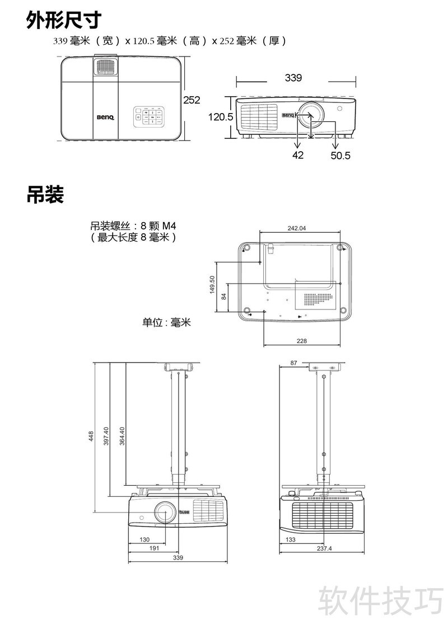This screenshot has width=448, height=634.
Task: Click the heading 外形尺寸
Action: pos(63,20)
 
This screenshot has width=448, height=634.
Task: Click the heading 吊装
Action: pos(45,195)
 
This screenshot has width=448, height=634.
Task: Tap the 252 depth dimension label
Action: pos(192,100)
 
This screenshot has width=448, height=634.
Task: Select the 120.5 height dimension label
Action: pos(221,117)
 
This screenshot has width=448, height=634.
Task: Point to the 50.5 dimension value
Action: pos(340,156)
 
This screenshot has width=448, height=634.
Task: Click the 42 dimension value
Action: pos(297,155)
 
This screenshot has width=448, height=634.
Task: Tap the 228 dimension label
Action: pos(302,341)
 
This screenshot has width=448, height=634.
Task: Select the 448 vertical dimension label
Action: pos(91,436)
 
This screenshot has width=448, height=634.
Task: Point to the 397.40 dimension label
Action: pos(106,436)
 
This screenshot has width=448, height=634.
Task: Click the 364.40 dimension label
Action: pos(122,436)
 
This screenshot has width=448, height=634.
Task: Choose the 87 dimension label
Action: pos(294,363)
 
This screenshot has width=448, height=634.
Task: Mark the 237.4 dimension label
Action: pos(324,549)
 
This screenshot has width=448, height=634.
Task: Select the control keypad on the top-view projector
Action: pos(148,116)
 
